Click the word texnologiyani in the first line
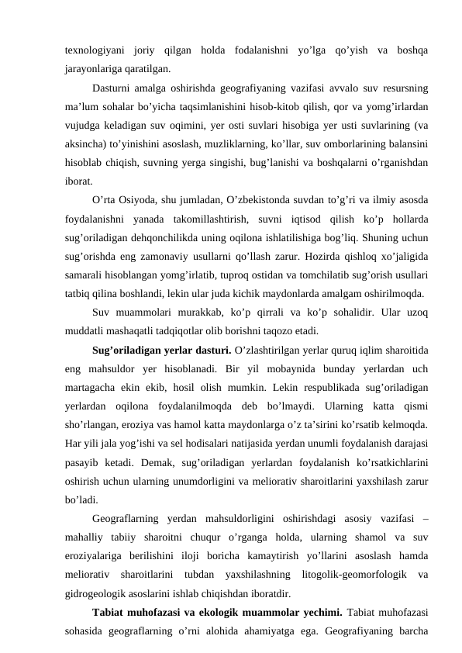91,50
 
